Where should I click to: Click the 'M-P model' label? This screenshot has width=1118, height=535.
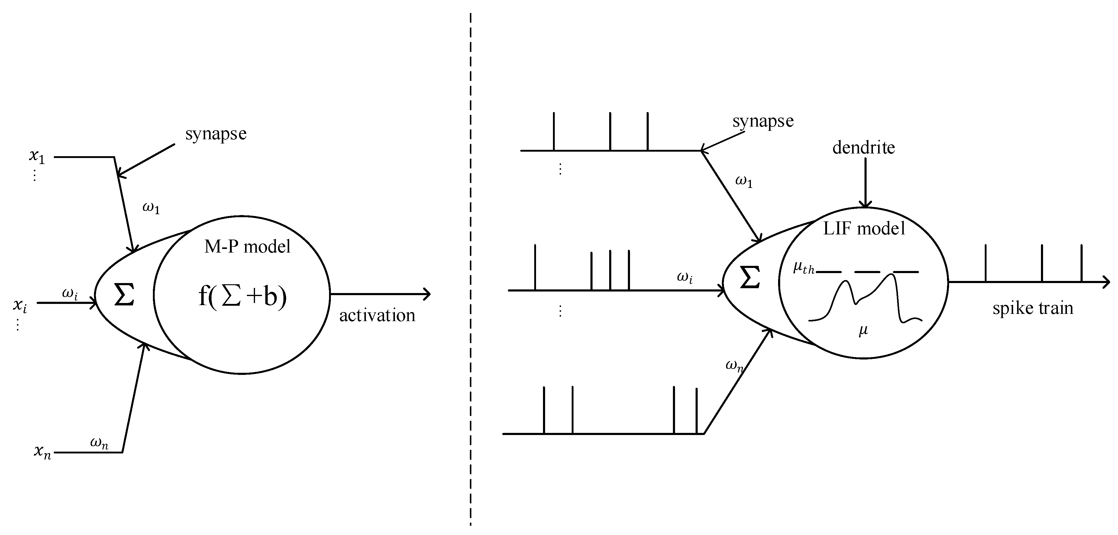(x=247, y=247)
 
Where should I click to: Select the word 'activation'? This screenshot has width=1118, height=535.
(x=377, y=315)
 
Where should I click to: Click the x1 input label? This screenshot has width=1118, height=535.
(x=37, y=156)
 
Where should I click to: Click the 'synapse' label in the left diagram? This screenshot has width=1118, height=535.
(x=216, y=133)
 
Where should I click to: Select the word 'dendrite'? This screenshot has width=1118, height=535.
(x=863, y=147)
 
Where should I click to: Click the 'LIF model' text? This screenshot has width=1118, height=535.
(x=864, y=228)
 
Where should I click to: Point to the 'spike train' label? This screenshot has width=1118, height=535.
(x=1032, y=308)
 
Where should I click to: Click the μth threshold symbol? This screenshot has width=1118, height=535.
(x=803, y=268)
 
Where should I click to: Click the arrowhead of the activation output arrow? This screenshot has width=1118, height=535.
(x=428, y=294)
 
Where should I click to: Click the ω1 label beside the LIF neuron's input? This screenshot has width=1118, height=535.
(x=743, y=181)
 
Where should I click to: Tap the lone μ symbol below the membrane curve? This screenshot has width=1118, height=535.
(x=863, y=330)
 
